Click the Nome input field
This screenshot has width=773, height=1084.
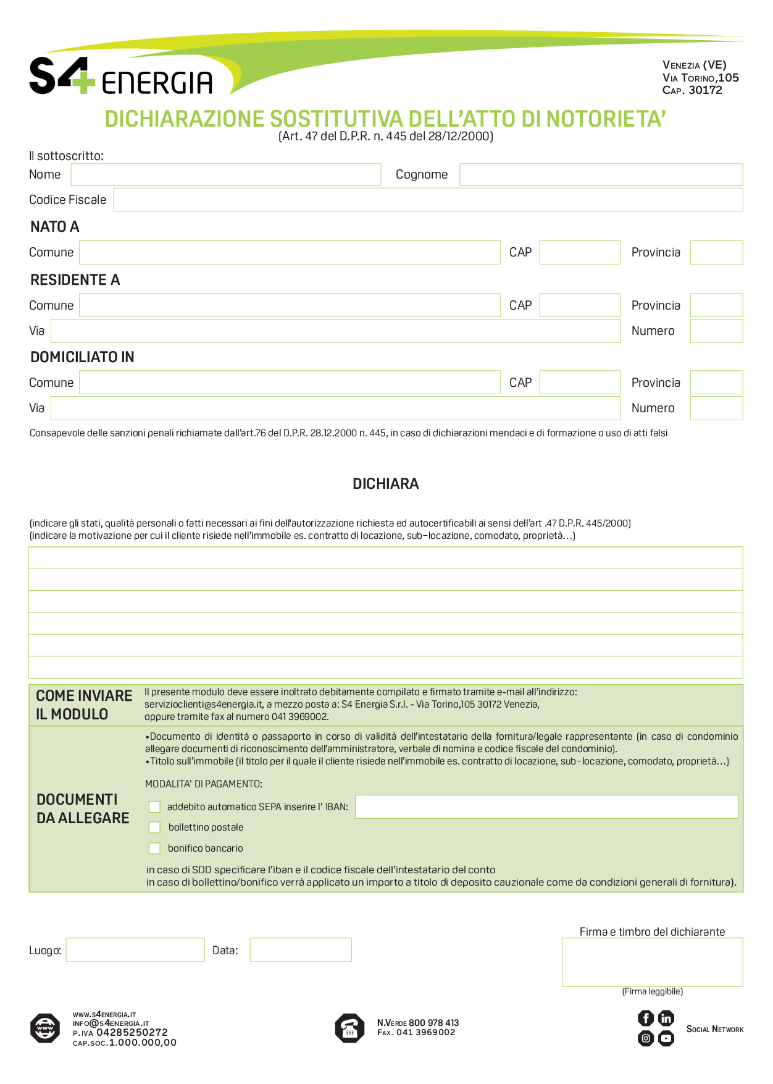pos(225,175)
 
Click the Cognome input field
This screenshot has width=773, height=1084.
pos(601,175)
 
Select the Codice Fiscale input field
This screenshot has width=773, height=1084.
pos(428,200)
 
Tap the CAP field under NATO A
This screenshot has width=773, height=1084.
pos(580,252)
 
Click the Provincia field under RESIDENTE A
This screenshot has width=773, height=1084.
pos(716,305)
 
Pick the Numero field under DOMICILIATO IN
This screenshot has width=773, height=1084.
pos(716,408)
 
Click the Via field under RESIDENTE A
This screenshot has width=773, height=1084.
pos(335,331)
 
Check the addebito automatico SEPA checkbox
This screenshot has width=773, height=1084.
pos(154,807)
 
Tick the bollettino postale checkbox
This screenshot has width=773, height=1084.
pos(154,828)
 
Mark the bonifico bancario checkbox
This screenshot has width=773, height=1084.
pos(154,849)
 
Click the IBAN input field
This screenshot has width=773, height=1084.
pos(546,807)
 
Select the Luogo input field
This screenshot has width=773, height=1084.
pos(135,950)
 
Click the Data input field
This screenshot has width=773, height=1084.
pos(301,950)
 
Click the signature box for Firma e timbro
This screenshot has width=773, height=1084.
pos(652,962)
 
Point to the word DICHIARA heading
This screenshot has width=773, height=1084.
pos(385,484)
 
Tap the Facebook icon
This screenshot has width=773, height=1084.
pos(646,1018)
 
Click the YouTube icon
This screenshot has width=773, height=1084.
pos(666,1038)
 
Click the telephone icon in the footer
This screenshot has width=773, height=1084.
pos(349,1028)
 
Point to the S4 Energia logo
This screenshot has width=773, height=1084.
pos(121,77)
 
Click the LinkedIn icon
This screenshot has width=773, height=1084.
pos(666,1018)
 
